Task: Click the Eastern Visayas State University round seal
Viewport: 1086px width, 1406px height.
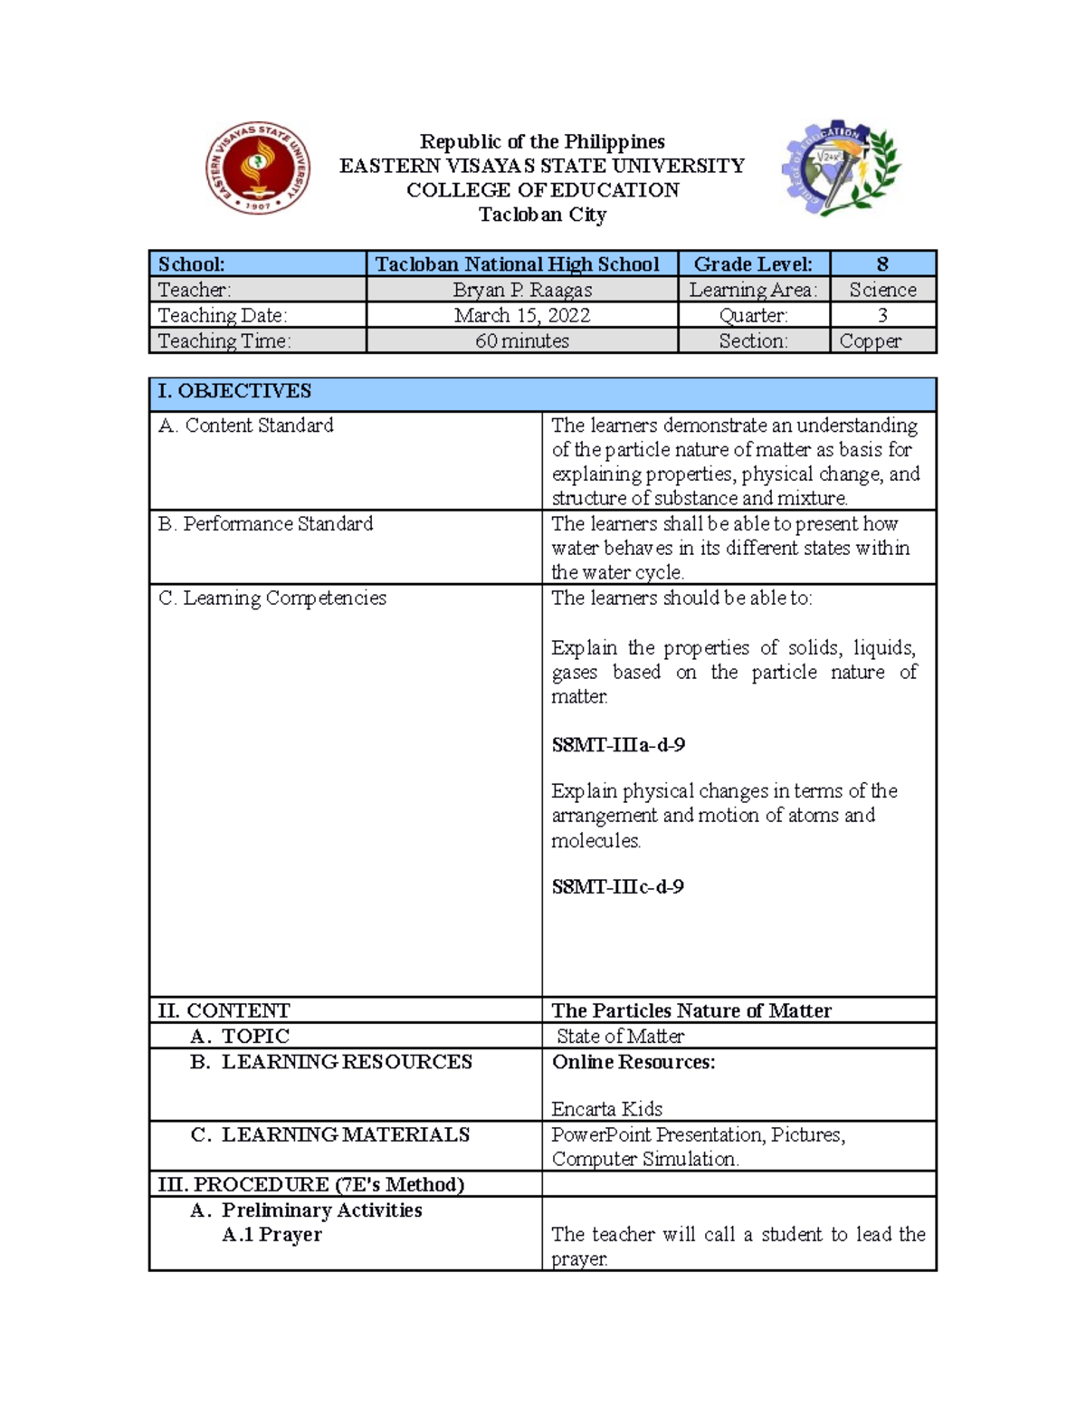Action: click(x=258, y=168)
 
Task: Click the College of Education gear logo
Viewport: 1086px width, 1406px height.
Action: click(x=841, y=168)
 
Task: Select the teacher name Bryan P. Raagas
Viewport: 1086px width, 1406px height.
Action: click(x=522, y=290)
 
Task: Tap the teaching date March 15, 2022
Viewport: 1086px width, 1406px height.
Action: click(x=522, y=315)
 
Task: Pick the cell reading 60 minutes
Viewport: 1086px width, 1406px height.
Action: click(x=522, y=340)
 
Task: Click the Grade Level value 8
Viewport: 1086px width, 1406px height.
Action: click(x=882, y=264)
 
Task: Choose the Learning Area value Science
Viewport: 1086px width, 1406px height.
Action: click(x=882, y=290)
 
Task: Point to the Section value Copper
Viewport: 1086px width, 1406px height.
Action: click(x=871, y=340)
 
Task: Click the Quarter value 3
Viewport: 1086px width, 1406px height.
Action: click(x=882, y=315)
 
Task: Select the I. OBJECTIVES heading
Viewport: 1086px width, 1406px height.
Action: click(x=234, y=391)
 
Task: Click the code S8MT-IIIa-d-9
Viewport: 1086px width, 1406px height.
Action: click(x=618, y=745)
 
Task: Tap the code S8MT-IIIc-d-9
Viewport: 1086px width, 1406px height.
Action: click(x=618, y=886)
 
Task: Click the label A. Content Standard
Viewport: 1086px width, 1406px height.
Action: click(x=246, y=426)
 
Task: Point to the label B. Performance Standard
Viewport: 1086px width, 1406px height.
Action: click(x=265, y=524)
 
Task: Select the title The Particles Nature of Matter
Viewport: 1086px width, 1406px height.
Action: click(x=691, y=1010)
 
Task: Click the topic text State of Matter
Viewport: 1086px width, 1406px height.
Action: click(x=620, y=1036)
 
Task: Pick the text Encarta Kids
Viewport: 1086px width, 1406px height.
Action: click(x=607, y=1109)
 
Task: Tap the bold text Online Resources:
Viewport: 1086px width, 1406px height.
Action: click(x=633, y=1062)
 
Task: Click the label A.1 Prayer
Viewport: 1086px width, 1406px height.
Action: click(x=271, y=1235)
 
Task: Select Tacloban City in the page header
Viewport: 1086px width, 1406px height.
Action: click(x=542, y=215)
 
